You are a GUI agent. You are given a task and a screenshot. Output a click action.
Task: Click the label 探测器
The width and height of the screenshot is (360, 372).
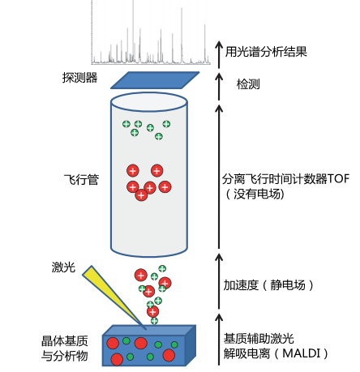[79, 78]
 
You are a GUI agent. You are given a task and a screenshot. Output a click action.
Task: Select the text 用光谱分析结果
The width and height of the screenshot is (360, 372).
[268, 50]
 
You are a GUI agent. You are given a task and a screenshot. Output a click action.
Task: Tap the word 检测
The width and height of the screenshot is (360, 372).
[248, 84]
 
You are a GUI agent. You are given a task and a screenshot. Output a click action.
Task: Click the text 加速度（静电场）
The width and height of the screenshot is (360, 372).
[268, 285]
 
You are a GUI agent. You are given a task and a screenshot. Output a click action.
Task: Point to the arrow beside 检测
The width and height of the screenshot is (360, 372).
[217, 83]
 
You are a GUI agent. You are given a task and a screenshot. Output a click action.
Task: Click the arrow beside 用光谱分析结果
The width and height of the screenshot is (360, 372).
[217, 50]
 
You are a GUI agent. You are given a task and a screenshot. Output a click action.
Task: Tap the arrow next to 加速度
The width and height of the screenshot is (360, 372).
[217, 276]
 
